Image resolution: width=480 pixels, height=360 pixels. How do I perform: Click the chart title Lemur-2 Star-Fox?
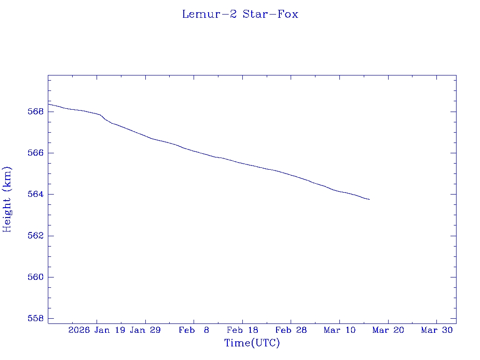[x=240, y=14]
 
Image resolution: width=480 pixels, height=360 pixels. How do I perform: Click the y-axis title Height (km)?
[x=7, y=199]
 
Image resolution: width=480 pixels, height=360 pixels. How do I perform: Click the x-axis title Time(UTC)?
[x=252, y=343]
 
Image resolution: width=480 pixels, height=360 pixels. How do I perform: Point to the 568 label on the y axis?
[x=36, y=112]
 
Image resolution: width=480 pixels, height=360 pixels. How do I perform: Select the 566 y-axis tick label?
[x=36, y=153]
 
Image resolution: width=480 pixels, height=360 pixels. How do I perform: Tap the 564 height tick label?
[x=36, y=195]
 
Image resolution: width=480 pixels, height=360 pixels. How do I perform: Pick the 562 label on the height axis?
[x=36, y=236]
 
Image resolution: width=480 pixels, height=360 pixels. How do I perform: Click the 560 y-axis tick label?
[x=36, y=277]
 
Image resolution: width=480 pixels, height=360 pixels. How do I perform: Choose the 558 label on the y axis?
[x=36, y=318]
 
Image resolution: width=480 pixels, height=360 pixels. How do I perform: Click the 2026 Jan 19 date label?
[x=96, y=330]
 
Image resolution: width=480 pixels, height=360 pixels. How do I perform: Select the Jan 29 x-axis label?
[x=145, y=330]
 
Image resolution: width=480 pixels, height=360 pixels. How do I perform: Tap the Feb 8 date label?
[x=194, y=330]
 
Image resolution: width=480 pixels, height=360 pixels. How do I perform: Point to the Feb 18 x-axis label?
[x=242, y=330]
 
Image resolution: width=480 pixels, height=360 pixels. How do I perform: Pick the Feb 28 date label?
[x=291, y=330]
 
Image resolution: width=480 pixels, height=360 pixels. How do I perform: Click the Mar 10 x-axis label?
[x=339, y=330]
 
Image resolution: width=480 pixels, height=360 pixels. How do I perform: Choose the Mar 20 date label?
[x=388, y=330]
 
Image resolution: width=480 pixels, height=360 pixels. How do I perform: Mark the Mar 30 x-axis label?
[x=436, y=330]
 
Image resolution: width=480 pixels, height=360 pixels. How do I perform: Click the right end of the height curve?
[x=369, y=200]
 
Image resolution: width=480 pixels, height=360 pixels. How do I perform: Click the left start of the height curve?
[x=49, y=104]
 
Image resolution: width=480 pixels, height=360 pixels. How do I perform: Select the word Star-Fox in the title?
[x=270, y=14]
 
